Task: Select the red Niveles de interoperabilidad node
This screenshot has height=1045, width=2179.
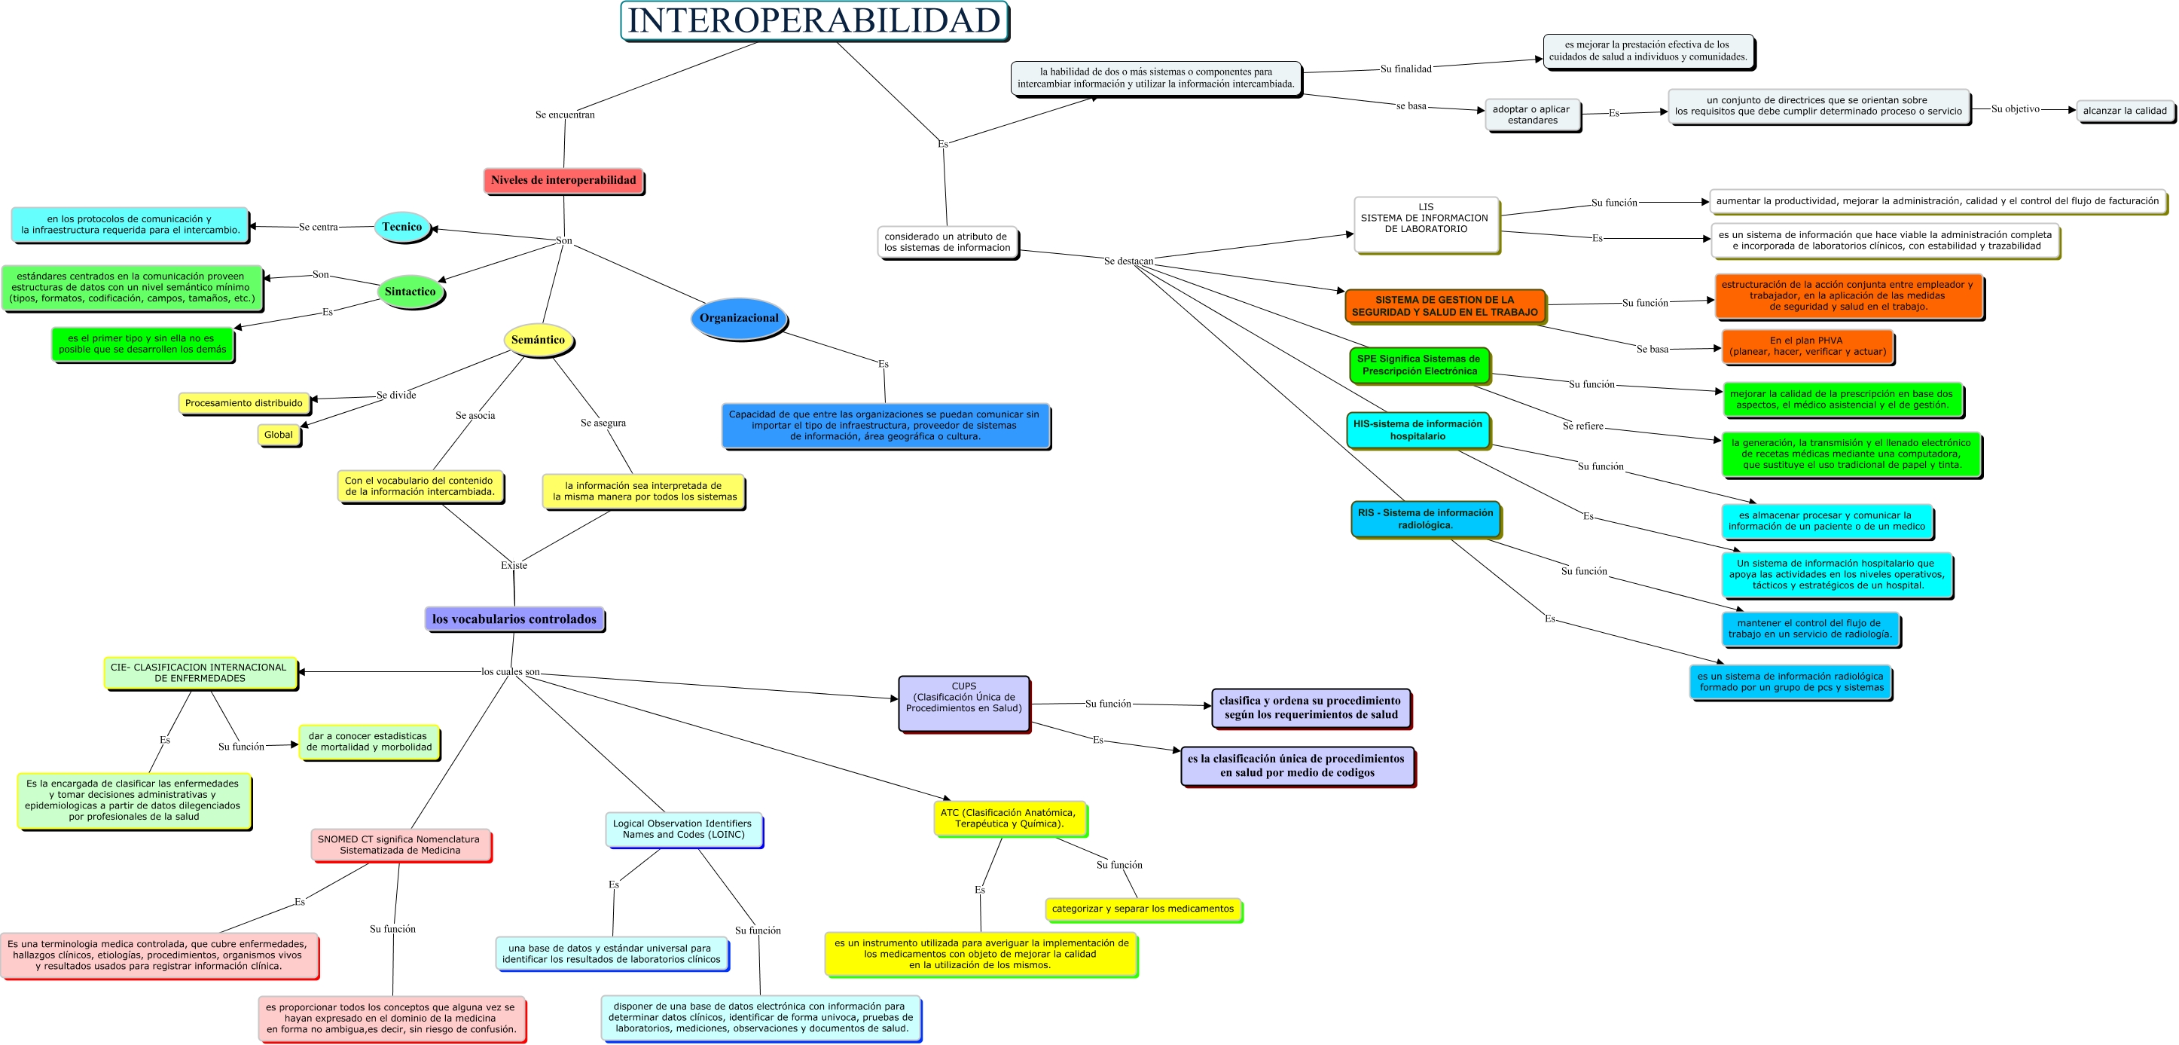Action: pyautogui.click(x=563, y=180)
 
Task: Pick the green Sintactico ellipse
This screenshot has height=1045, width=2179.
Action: pyautogui.click(x=410, y=292)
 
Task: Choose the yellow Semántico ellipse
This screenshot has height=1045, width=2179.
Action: pyautogui.click(x=538, y=340)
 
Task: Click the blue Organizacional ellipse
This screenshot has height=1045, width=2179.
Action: pyautogui.click(x=738, y=318)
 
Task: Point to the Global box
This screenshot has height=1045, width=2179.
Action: pyautogui.click(x=278, y=435)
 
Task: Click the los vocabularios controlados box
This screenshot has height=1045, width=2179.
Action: pyautogui.click(x=514, y=619)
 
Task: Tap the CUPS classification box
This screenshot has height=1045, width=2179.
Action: pyautogui.click(x=963, y=702)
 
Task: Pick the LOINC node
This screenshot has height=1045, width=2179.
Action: pyautogui.click(x=683, y=830)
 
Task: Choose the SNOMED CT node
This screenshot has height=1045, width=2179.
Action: pyautogui.click(x=400, y=845)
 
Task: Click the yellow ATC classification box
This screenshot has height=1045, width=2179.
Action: pyautogui.click(x=1009, y=818)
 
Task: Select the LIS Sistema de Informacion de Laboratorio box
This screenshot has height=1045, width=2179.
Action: pyautogui.click(x=1425, y=223)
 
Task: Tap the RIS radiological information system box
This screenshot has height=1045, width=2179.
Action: pyautogui.click(x=1425, y=518)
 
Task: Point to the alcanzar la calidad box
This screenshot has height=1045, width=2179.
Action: pyautogui.click(x=2124, y=111)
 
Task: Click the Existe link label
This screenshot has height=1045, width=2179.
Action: pyautogui.click(x=514, y=565)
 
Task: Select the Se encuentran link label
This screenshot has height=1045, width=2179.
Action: pyautogui.click(x=565, y=115)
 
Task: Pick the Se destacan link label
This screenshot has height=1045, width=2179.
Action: pyautogui.click(x=1128, y=261)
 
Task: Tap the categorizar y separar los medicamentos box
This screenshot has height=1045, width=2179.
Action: pyautogui.click(x=1142, y=909)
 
